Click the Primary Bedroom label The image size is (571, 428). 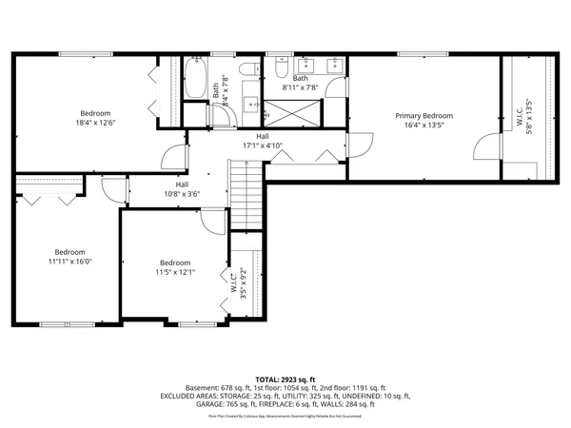423,116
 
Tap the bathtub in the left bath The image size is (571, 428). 196,81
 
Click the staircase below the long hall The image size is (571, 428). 245,194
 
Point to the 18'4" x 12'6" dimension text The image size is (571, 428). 95,122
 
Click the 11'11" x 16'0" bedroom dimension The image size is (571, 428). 69,260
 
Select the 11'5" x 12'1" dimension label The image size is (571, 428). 174,272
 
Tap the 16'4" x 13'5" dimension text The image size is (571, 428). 423,125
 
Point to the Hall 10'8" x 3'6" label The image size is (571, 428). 181,189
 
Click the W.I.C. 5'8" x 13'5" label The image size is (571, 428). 525,116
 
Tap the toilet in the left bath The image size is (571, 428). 245,72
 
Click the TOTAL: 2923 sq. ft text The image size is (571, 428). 285,379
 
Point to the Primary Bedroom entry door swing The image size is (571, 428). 360,146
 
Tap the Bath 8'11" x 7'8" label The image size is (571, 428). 300,84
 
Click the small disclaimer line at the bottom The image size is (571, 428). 285,416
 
